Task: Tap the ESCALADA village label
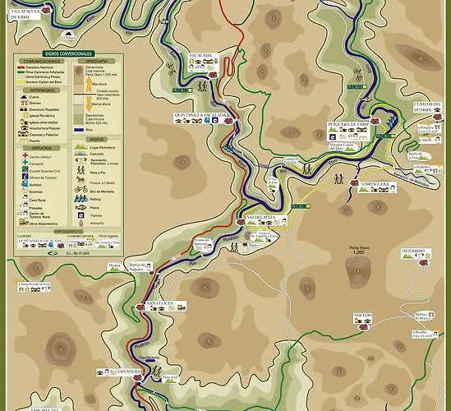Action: [x=200, y=55]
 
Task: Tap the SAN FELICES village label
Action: [x=162, y=304]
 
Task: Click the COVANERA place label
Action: [x=130, y=372]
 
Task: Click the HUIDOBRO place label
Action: [x=413, y=251]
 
